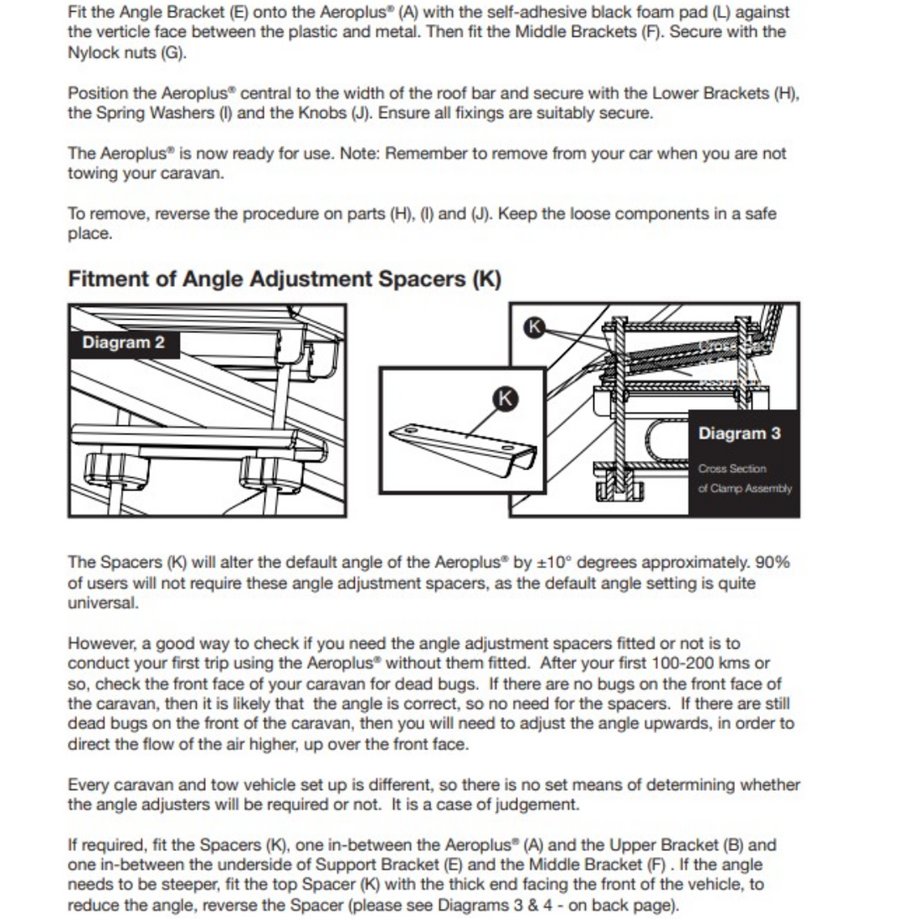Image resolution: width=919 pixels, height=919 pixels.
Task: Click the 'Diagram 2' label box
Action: pyautogui.click(x=124, y=343)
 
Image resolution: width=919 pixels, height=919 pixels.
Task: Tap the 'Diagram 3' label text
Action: pyautogui.click(x=739, y=433)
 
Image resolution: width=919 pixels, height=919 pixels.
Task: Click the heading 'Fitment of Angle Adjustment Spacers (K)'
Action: pyautogui.click(x=284, y=279)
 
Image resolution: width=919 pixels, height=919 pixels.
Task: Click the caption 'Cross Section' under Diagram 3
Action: pyautogui.click(x=732, y=469)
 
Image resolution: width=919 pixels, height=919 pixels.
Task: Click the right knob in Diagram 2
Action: pyautogui.click(x=271, y=478)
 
